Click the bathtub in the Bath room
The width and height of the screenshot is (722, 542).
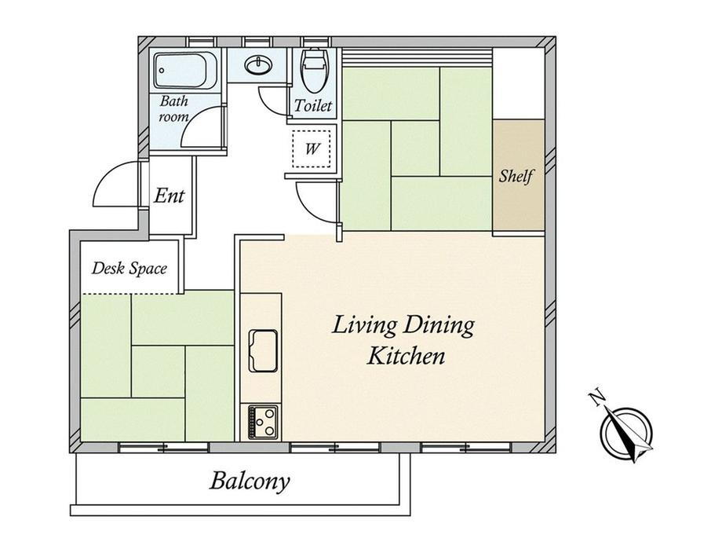point(185,71)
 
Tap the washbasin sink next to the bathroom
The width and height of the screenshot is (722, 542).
point(259,65)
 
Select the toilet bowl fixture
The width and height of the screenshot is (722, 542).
point(314,70)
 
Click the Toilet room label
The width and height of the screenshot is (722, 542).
point(312,105)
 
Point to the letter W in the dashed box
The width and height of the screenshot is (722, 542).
point(312,149)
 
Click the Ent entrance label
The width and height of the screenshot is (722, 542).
point(169,196)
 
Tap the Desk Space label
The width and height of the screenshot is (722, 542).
point(129,268)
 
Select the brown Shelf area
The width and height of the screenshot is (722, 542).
point(519,175)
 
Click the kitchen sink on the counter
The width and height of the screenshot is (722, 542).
point(263,351)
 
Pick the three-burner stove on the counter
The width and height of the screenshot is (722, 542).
point(263,422)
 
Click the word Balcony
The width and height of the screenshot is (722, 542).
point(250,482)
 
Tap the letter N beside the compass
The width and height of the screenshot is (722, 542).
point(596,397)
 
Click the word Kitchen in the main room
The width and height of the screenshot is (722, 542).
point(406,357)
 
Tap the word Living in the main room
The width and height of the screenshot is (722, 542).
point(364,326)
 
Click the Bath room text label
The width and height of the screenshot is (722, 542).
point(173,108)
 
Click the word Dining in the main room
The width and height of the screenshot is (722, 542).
point(439,326)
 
